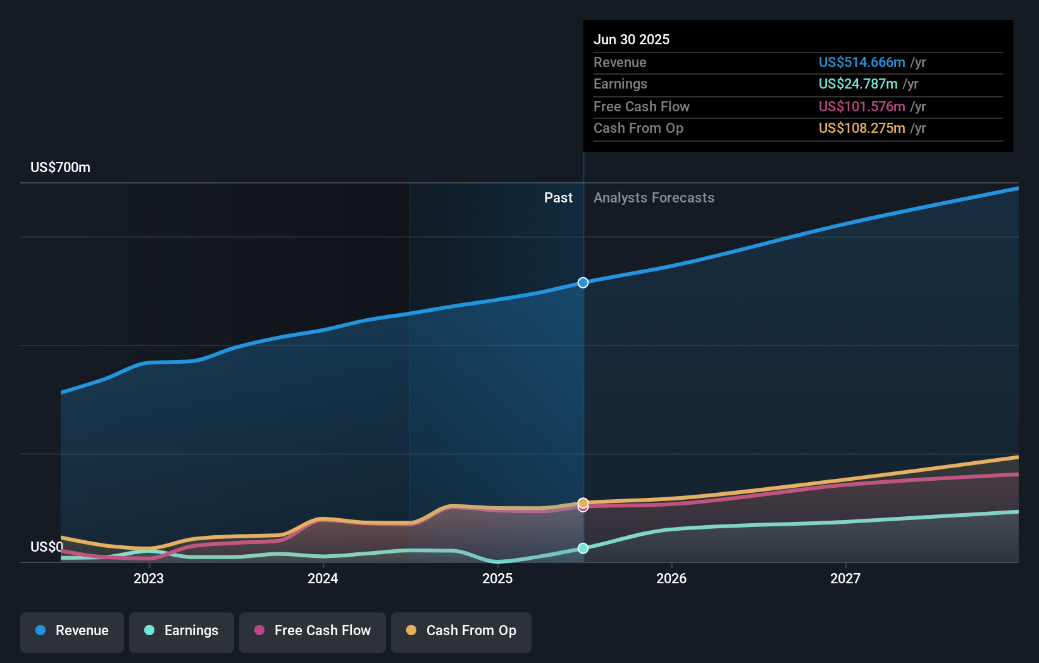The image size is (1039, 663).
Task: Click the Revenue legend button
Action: point(72,631)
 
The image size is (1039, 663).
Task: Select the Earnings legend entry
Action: point(182,631)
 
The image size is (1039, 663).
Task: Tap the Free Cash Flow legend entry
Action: point(313,631)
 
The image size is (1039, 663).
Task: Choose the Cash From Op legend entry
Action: point(461,631)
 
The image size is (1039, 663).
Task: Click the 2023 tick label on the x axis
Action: point(149,579)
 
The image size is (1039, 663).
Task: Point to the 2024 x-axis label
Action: point(323,579)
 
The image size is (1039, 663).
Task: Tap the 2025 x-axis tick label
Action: point(497,579)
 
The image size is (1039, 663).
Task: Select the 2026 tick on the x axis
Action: point(671,579)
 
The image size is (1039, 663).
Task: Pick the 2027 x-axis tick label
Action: point(845,579)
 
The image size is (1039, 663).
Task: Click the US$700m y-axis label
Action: point(61,168)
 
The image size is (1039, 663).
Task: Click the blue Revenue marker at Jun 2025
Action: point(583,283)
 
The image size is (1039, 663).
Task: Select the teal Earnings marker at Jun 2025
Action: point(583,548)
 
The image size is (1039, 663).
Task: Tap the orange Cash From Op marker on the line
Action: point(583,503)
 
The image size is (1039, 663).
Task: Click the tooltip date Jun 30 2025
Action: point(631,40)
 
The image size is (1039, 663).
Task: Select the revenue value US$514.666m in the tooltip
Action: point(862,63)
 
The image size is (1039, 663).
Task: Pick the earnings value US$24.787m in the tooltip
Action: point(858,84)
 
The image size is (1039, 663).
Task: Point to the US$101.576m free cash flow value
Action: point(862,107)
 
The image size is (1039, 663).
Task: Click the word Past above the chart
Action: point(558,198)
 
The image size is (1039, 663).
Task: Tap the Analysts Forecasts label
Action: point(654,198)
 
